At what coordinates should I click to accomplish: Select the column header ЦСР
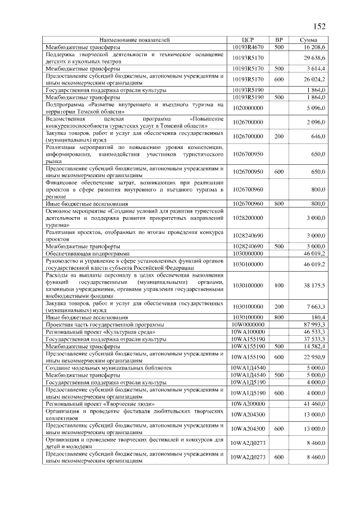(x=248, y=40)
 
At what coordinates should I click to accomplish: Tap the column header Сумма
(x=308, y=40)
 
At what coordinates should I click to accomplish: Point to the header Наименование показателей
(x=135, y=40)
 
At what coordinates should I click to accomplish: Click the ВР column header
(x=278, y=40)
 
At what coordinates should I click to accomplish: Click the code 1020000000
(x=248, y=107)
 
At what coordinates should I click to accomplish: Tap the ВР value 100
(x=278, y=286)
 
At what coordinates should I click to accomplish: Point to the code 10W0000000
(x=248, y=325)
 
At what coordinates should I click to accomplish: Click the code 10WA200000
(x=248, y=403)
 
